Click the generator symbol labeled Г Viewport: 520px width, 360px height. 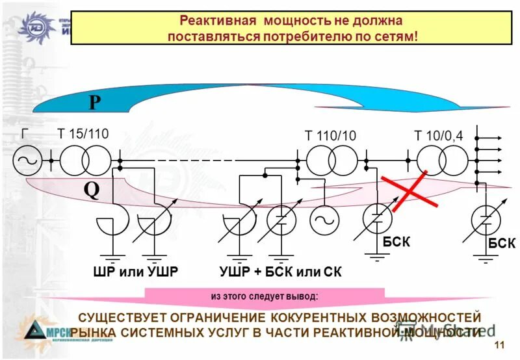tap(28, 159)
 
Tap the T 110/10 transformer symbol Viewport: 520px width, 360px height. tap(331, 159)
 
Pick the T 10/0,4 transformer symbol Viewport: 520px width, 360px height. tap(441, 159)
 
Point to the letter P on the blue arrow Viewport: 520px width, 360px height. tap(96, 103)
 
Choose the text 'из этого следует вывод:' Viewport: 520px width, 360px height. tap(264, 296)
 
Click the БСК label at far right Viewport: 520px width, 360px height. tap(502, 243)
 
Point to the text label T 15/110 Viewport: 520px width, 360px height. tap(83, 134)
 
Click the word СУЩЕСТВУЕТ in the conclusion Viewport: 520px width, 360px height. tap(122, 318)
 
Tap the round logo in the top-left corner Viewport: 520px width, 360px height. tap(32, 27)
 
